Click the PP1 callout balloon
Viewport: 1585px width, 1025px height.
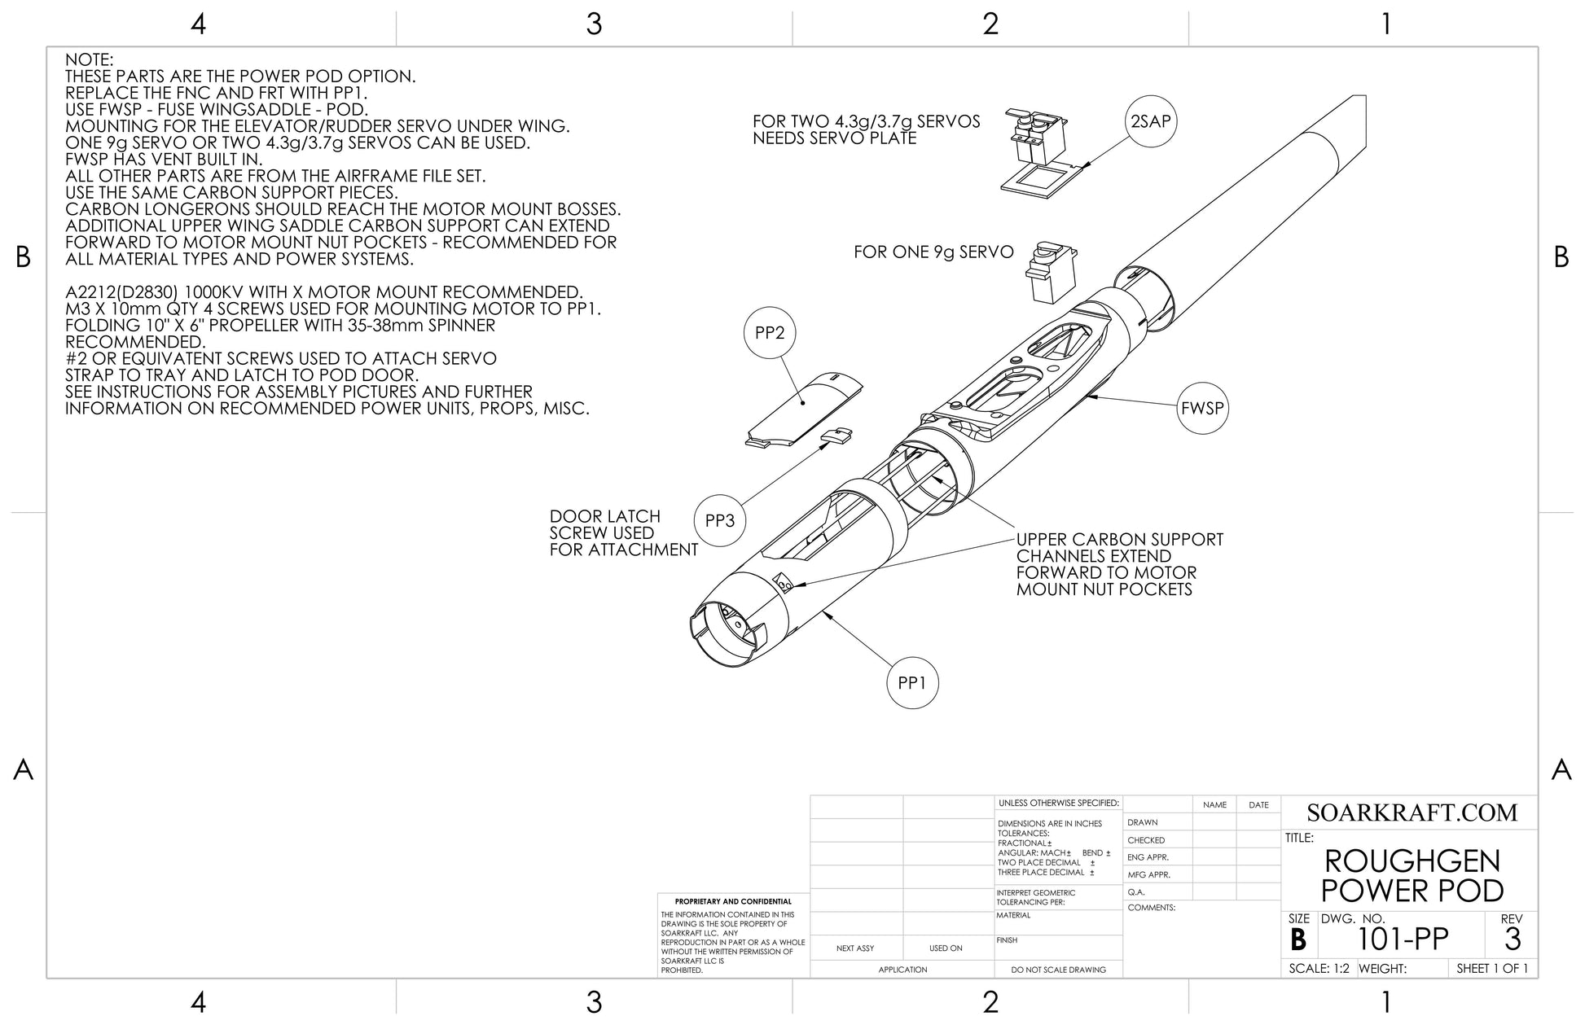(x=911, y=683)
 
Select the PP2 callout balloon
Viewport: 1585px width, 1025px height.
(x=769, y=333)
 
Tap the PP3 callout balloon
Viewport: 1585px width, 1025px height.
(x=719, y=520)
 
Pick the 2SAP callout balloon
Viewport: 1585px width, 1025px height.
(x=1151, y=121)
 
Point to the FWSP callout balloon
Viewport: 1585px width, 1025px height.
(x=1202, y=408)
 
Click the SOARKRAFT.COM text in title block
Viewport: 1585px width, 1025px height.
(x=1412, y=813)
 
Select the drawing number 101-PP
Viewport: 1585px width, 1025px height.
(x=1403, y=940)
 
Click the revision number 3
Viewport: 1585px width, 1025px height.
(x=1512, y=940)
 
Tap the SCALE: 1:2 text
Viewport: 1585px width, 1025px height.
(x=1319, y=969)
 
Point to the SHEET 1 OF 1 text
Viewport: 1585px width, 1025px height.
(x=1491, y=969)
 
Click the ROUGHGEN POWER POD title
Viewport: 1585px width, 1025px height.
(x=1412, y=876)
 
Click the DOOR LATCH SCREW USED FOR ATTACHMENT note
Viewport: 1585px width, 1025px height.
(x=623, y=533)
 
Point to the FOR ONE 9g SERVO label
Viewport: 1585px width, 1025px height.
(x=933, y=252)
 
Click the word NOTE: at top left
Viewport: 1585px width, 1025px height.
(x=90, y=60)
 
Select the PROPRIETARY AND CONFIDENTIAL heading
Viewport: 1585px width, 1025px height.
(x=733, y=901)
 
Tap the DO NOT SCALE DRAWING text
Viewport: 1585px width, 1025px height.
(x=1058, y=970)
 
